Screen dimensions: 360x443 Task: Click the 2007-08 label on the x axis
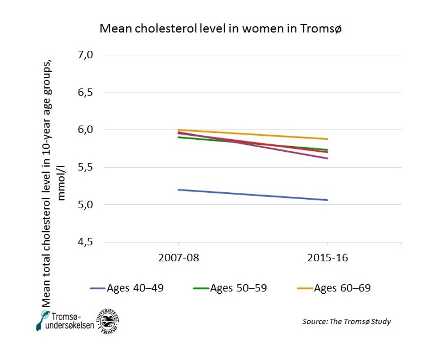(179, 258)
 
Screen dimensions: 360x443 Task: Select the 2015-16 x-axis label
(327, 258)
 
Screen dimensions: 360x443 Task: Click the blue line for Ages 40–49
(253, 195)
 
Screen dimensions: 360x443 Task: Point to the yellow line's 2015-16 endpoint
(327, 139)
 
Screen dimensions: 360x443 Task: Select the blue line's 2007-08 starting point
(179, 190)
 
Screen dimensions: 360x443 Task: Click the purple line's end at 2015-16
(327, 158)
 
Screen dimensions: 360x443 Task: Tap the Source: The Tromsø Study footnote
(347, 322)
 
